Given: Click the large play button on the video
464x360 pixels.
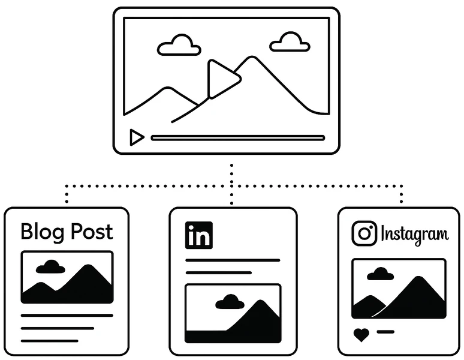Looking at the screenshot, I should [222, 79].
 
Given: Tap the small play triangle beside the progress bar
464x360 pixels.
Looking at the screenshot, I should [136, 138].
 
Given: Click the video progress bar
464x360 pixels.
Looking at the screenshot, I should [237, 138].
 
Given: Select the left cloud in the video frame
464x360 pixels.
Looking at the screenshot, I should [179, 46].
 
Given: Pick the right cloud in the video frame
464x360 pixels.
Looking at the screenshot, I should [290, 43].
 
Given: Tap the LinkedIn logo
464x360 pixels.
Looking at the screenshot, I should [198, 235].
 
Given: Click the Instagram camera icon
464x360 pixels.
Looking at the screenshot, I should [364, 233].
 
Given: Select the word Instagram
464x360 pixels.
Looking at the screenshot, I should [414, 234].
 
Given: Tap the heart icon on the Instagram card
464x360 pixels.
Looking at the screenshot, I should [361, 335].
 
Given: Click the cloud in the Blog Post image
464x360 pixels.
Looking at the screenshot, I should [51, 267].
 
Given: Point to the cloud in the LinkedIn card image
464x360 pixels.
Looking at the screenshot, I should [230, 302].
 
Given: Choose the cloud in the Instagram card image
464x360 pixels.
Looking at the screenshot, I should [380, 274].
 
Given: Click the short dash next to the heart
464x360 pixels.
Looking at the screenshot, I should [385, 331].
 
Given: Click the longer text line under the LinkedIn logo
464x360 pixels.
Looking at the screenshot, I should [233, 260].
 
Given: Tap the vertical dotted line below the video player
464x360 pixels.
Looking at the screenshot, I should [233, 177].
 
